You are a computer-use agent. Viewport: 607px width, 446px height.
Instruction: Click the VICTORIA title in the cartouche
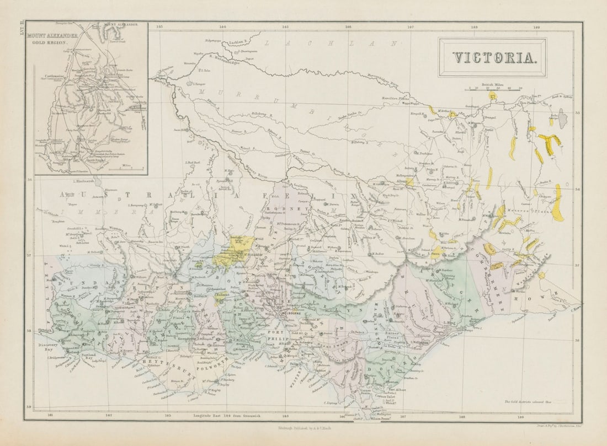tap(493, 57)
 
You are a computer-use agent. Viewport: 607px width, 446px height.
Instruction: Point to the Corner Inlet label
tap(386, 396)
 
